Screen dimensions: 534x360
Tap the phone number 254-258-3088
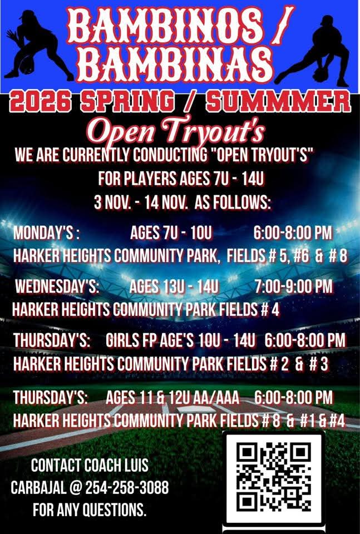[127, 488]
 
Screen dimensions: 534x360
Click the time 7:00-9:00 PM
[293, 287]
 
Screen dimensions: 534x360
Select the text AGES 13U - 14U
[173, 287]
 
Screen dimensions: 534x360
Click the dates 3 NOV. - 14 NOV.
[142, 203]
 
